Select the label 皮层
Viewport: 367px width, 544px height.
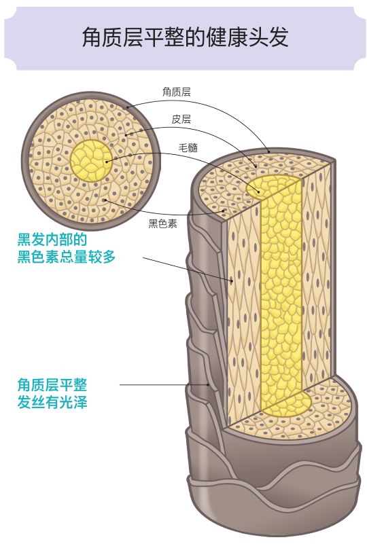181,119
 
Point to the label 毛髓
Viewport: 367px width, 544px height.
188,147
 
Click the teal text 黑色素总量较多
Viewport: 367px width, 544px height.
67,258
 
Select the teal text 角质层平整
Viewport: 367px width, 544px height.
52,384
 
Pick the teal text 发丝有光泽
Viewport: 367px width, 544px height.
52,402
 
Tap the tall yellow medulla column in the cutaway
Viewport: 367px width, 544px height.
280,285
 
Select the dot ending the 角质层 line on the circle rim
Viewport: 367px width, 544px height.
126,107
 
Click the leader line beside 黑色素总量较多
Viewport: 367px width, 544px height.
183,268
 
